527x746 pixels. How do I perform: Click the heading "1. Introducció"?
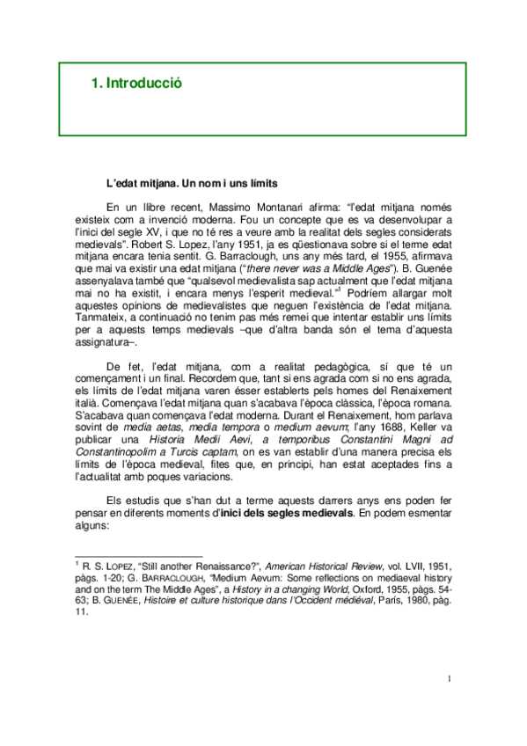(136, 84)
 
